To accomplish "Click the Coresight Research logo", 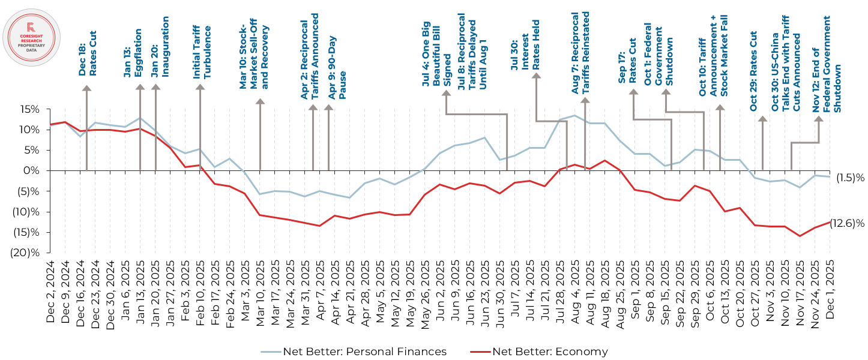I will pyautogui.click(x=31, y=37).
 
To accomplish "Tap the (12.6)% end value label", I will pyautogui.click(x=846, y=223).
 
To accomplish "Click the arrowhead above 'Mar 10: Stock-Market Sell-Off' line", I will pyautogui.click(x=260, y=103).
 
